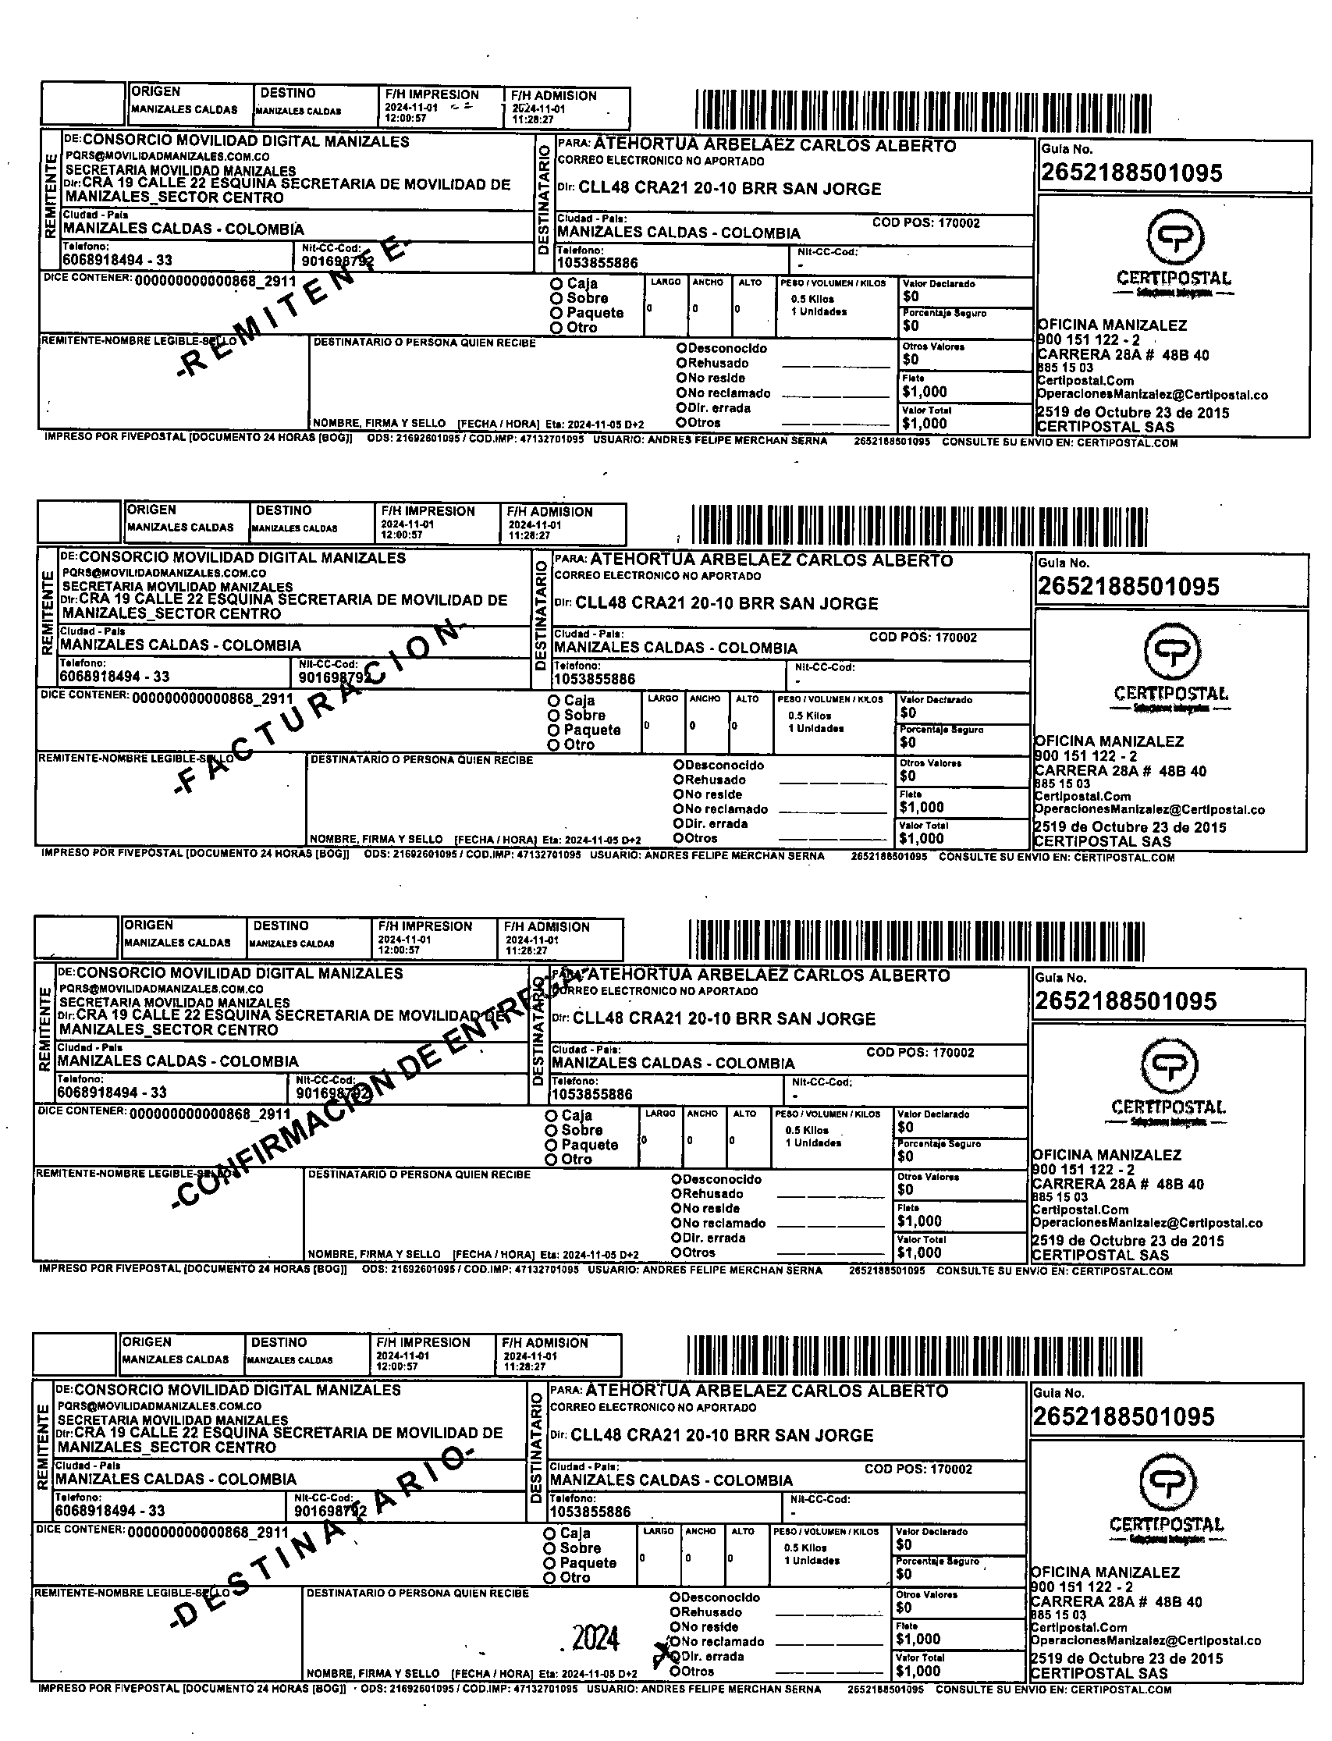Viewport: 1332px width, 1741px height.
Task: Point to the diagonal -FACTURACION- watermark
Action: click(x=317, y=705)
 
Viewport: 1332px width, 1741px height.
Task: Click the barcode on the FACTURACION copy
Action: click(x=920, y=524)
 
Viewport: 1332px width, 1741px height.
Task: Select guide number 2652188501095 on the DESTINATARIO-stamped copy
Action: click(x=1123, y=1416)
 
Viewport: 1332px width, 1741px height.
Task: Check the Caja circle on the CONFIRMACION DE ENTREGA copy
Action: click(x=551, y=1114)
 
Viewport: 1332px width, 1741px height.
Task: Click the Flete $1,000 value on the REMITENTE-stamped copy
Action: click(x=925, y=392)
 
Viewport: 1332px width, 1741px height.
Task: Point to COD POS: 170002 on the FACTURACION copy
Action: click(x=923, y=638)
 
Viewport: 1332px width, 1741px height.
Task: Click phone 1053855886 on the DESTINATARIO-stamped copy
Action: click(x=591, y=1511)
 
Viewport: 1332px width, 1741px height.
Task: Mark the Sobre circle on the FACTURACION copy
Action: click(x=554, y=715)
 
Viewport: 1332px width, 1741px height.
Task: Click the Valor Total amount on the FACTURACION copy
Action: click(x=922, y=838)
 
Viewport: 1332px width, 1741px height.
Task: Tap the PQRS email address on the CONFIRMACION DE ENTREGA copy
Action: click(x=161, y=989)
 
